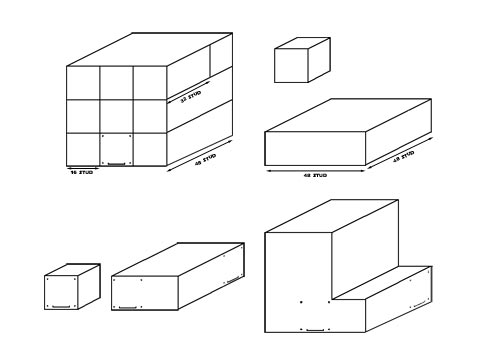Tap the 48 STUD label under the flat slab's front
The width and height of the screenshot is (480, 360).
[314, 173]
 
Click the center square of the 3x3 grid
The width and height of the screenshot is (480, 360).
[116, 116]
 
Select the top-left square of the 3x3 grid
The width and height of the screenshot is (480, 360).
[83, 82]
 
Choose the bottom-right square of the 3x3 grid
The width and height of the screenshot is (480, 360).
[149, 150]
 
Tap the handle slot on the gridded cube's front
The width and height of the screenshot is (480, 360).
[116, 162]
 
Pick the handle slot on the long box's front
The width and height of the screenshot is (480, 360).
[128, 307]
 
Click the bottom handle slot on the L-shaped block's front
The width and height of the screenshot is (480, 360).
[316, 327]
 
